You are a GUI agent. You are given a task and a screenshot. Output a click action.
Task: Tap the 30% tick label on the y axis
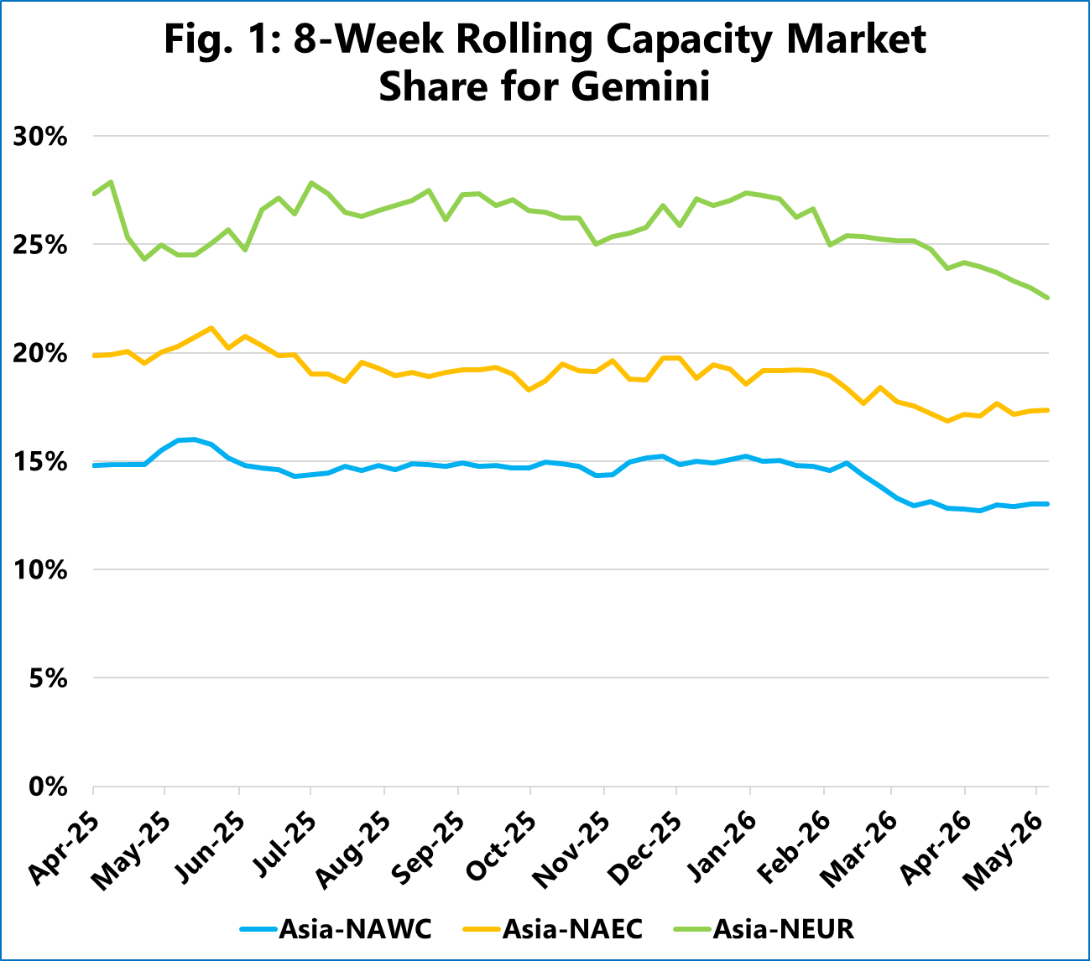[x=40, y=136]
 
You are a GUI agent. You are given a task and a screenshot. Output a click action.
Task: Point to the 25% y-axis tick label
[x=40, y=245]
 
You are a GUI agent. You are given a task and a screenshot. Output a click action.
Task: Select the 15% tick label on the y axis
[x=40, y=462]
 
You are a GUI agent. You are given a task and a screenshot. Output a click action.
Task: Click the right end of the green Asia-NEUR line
[x=1048, y=298]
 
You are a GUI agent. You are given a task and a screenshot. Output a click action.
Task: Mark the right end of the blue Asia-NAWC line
[x=1048, y=504]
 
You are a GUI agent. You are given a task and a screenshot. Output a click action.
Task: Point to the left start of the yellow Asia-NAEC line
[x=93, y=356]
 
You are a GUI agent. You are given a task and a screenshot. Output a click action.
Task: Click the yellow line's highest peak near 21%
[x=211, y=328]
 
